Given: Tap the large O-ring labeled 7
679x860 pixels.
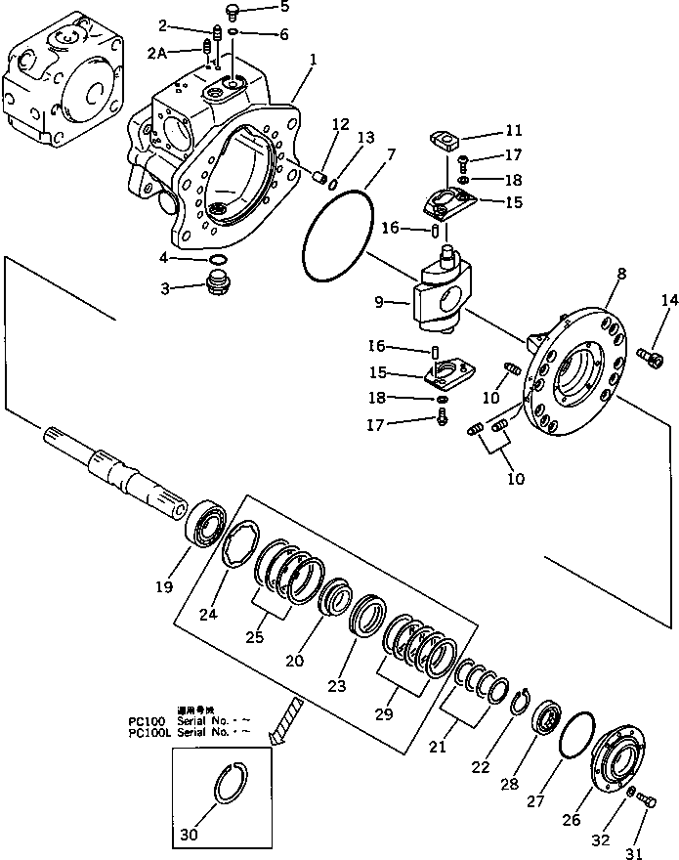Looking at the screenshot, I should [x=338, y=235].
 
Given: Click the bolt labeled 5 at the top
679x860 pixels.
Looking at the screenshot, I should [x=232, y=12].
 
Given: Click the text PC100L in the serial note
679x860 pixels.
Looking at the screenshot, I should [x=149, y=731].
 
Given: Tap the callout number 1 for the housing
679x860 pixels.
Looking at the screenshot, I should [x=313, y=60].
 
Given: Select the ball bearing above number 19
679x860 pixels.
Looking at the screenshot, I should [x=205, y=528].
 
